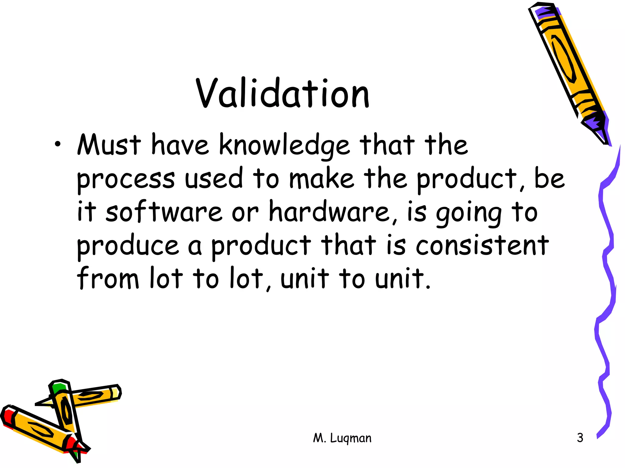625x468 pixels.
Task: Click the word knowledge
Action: click(284, 146)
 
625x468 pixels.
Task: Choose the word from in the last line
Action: click(108, 278)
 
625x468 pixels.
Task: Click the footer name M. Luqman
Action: click(342, 438)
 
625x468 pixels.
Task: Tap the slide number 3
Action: click(580, 438)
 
